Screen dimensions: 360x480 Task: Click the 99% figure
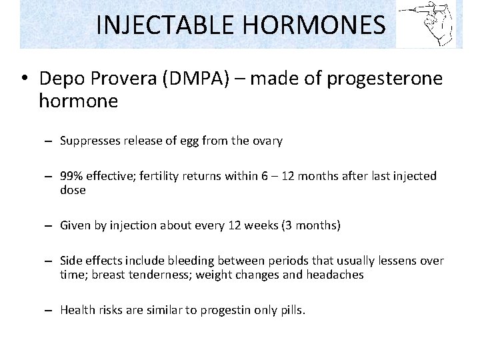coord(71,176)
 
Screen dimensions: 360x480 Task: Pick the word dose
coord(73,190)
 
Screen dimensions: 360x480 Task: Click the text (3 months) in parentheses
coord(311,225)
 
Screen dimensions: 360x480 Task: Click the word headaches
coord(335,275)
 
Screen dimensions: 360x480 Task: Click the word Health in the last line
coord(77,310)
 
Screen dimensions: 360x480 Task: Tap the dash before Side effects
coord(49,261)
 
